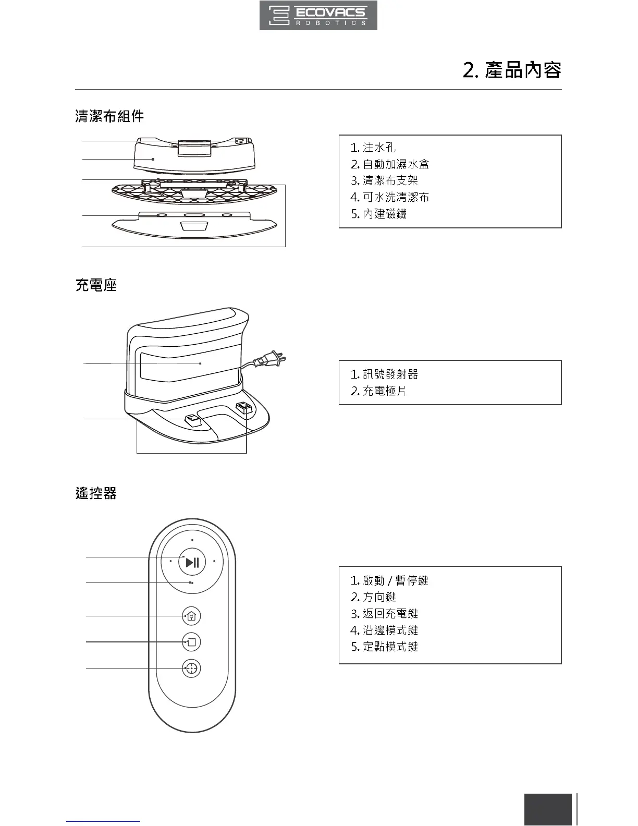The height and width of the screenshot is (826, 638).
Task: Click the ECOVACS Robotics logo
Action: tap(318, 16)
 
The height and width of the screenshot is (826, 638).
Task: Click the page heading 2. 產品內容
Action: tap(512, 70)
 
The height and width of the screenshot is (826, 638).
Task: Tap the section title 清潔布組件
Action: tap(109, 116)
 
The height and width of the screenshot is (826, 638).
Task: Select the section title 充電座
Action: tap(96, 285)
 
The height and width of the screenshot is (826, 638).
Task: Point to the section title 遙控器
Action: tap(96, 493)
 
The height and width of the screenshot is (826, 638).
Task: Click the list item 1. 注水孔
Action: tap(373, 148)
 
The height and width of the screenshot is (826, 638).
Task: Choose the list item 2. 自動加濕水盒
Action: tap(390, 164)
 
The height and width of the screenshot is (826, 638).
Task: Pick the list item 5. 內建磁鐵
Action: tap(378, 214)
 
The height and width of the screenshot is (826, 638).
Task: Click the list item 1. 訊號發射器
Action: tap(384, 374)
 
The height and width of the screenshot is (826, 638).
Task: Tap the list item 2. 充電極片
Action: tap(378, 391)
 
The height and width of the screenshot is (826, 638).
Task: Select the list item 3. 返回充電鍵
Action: tap(384, 614)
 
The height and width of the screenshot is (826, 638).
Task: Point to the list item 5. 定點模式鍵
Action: tap(384, 647)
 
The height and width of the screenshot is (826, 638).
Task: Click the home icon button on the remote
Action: tap(192, 616)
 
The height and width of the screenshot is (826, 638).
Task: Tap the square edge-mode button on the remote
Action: tap(192, 642)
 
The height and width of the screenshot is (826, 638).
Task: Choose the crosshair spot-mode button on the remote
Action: tap(192, 669)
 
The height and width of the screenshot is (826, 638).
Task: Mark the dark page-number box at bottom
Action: tap(548, 809)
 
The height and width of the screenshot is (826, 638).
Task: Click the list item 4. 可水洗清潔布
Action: tap(390, 197)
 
